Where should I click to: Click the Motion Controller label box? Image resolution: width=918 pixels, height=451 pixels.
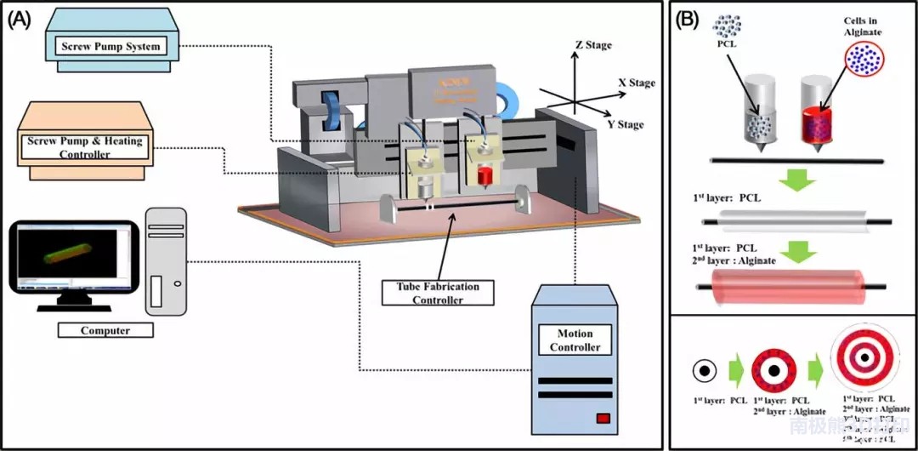[x=575, y=340]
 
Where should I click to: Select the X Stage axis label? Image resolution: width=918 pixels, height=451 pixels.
[x=637, y=83]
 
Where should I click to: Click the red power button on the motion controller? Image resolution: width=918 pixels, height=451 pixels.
[x=603, y=418]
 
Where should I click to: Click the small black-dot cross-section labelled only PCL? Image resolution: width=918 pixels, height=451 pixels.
[x=703, y=371]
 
